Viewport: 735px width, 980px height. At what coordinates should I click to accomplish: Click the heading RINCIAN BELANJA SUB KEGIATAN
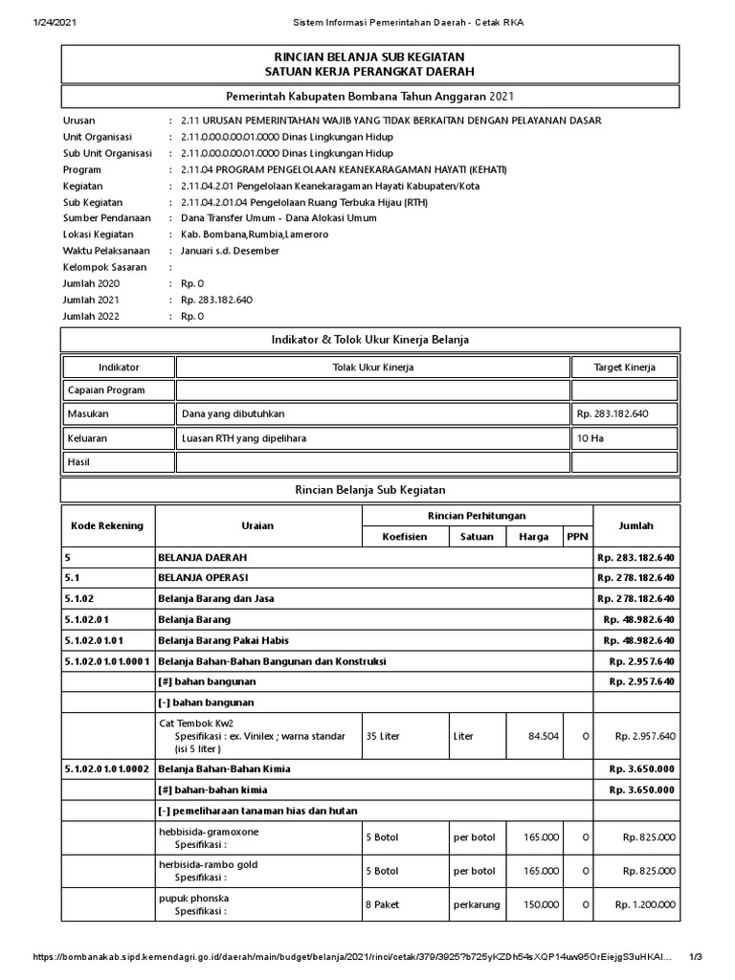(369, 57)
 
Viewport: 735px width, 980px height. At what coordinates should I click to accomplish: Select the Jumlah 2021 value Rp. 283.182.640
(216, 300)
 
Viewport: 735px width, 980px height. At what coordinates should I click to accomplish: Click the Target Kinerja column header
(624, 367)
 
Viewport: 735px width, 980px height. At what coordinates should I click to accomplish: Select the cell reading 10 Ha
(589, 438)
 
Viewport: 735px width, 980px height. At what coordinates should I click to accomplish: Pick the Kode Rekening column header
(107, 525)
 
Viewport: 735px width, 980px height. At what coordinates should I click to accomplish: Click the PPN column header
(577, 537)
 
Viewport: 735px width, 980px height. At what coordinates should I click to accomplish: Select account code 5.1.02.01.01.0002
(107, 768)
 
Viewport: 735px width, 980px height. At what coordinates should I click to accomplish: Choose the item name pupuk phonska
(193, 898)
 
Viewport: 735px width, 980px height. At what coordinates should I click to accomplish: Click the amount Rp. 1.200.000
(645, 904)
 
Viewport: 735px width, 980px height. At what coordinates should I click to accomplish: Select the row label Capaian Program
(105, 390)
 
